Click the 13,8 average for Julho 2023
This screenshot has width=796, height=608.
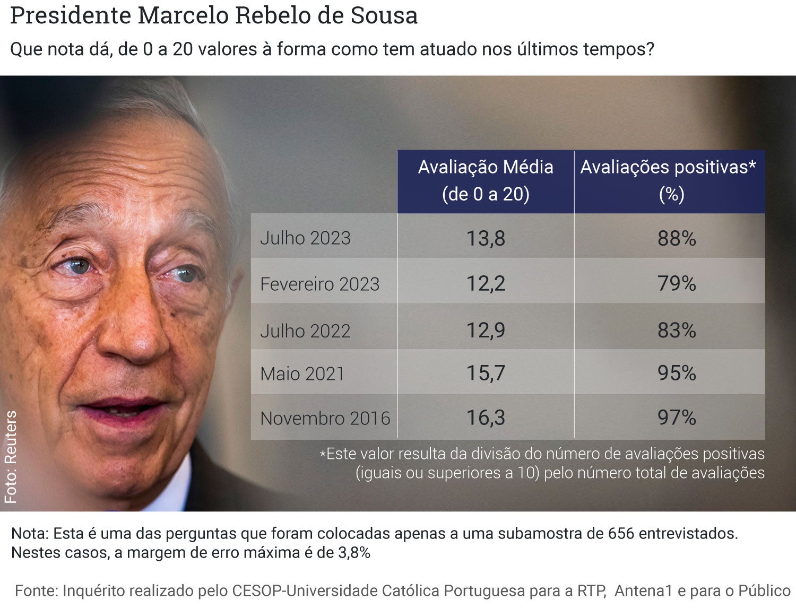(486, 238)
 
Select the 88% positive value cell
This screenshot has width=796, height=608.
(677, 238)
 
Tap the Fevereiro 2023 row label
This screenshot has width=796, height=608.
(319, 284)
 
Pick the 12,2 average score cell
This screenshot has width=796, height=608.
(486, 283)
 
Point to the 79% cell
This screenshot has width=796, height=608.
(677, 283)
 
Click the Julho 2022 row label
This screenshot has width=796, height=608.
(305, 331)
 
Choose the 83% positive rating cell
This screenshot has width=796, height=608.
(677, 330)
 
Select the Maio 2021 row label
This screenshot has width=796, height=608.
(302, 374)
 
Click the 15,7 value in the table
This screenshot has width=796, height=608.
(486, 373)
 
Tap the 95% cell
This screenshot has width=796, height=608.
(677, 373)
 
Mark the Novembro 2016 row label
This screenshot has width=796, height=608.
(325, 419)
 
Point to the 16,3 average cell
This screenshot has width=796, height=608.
(486, 418)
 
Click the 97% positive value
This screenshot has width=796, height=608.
(677, 418)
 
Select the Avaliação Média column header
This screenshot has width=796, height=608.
(486, 181)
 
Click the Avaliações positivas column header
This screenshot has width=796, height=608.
(669, 181)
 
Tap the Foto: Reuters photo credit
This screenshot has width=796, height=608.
(11, 457)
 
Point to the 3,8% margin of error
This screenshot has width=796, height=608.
(354, 553)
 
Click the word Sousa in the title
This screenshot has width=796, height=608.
(384, 16)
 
